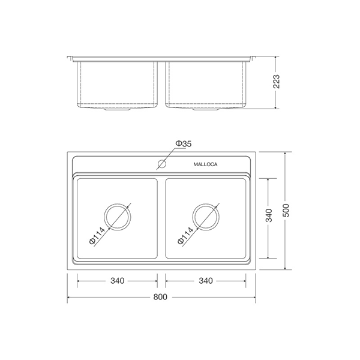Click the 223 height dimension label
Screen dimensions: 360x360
click(277, 83)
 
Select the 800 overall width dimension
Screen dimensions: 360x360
click(160, 297)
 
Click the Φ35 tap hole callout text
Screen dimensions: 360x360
click(183, 143)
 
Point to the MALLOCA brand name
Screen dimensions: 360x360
click(206, 164)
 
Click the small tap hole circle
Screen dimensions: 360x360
click(161, 163)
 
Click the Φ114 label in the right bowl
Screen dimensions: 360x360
click(186, 235)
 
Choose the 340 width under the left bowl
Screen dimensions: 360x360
click(117, 281)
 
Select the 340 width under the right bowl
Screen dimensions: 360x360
click(206, 281)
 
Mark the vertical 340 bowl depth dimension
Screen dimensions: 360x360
click(269, 215)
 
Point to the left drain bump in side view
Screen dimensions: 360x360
click(117, 112)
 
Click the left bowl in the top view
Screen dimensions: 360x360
click(90, 192)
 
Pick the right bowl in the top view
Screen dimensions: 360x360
click(234, 192)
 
